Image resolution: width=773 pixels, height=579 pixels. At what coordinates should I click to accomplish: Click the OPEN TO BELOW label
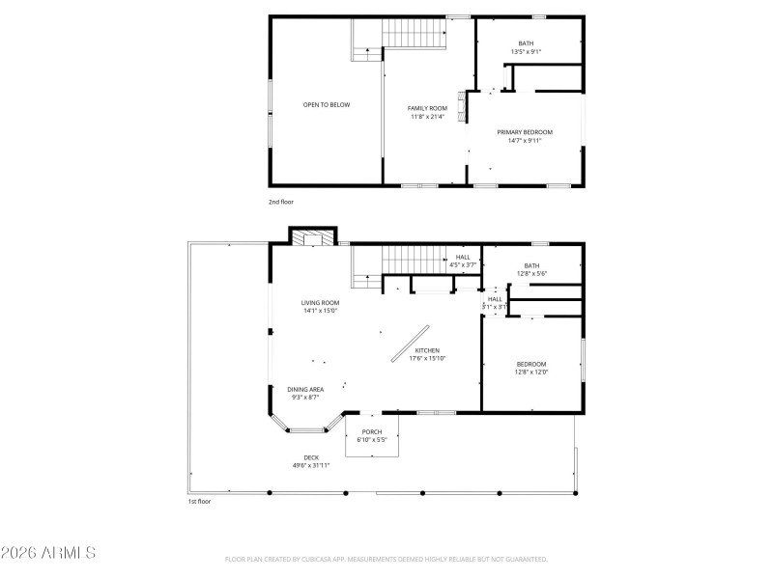point(327,104)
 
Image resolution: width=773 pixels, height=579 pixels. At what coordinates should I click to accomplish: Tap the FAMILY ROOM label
point(426,109)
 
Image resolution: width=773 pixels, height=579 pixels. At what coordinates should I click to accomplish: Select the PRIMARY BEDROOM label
point(525,132)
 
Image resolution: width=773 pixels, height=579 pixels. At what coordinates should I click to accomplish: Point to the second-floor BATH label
point(526,43)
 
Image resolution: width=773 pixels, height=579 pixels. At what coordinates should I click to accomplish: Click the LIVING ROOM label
point(321,302)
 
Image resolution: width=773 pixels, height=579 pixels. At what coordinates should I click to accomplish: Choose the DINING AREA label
point(305,389)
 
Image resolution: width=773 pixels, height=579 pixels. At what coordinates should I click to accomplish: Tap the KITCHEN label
point(427,350)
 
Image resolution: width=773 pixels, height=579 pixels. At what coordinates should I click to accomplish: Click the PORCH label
point(372,431)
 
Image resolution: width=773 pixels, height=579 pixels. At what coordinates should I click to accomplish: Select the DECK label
point(311,457)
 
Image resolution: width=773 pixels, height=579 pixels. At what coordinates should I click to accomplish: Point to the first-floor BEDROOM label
point(531,364)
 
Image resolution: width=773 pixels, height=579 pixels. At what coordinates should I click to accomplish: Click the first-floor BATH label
point(531,266)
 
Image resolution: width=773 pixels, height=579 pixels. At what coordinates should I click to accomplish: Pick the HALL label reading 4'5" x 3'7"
point(463,257)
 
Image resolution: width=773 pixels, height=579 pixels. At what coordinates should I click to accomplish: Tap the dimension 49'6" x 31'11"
point(311,465)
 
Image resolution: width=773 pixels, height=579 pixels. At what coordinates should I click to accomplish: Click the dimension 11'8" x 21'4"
point(426,117)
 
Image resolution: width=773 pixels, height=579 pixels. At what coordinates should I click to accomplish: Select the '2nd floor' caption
point(281,202)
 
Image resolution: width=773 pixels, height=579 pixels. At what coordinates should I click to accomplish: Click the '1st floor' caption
point(199,502)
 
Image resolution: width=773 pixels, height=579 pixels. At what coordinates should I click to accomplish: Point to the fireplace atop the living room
point(312,236)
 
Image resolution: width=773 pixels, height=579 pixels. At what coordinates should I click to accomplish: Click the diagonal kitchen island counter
point(405,343)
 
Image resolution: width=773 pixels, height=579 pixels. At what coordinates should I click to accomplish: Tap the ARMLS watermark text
point(48,553)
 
